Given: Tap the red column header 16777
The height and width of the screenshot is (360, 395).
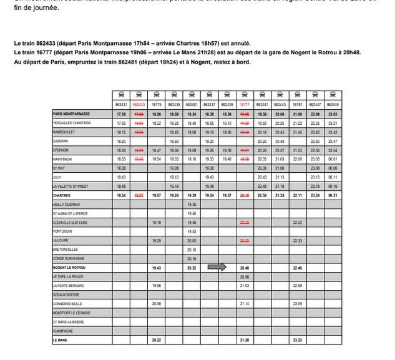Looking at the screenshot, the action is (245, 105).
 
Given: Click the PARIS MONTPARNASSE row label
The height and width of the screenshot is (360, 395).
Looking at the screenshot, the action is (72, 114).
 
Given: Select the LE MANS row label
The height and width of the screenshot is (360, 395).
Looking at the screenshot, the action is (61, 340).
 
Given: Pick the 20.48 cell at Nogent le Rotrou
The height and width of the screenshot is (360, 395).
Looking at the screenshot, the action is (245, 267).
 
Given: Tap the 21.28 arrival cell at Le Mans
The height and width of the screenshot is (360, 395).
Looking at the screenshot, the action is (245, 340).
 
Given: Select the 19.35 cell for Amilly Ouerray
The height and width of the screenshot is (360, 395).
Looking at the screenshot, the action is (192, 204).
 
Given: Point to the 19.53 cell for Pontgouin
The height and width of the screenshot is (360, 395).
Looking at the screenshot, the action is (192, 231).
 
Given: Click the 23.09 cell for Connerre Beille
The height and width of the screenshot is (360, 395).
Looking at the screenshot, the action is (298, 304).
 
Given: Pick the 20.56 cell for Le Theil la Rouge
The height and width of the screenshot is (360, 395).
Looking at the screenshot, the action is (245, 276).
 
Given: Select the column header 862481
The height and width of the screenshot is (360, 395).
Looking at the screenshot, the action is (192, 105).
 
